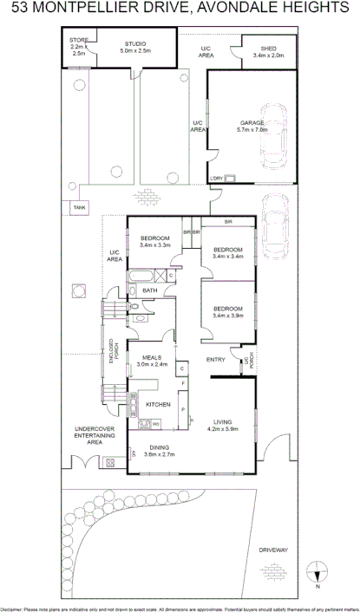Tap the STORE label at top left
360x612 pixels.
coord(78,40)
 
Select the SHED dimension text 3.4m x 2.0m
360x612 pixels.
coord(268,55)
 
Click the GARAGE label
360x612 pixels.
coord(252,123)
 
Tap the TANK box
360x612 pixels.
coord(79,208)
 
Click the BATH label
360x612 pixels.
coord(149,290)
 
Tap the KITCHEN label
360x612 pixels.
coord(157,405)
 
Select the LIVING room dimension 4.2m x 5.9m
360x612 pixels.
coord(222,428)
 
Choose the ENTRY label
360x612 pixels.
coord(216,359)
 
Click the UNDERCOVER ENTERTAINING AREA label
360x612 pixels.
coord(88,435)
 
